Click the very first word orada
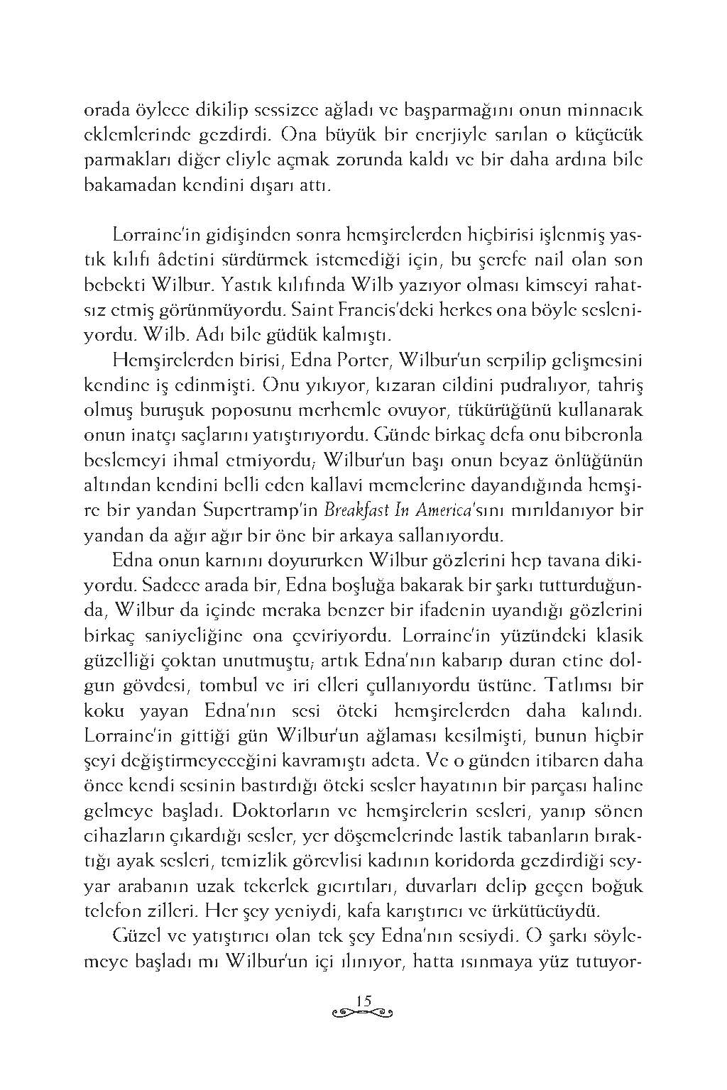pos(108,110)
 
